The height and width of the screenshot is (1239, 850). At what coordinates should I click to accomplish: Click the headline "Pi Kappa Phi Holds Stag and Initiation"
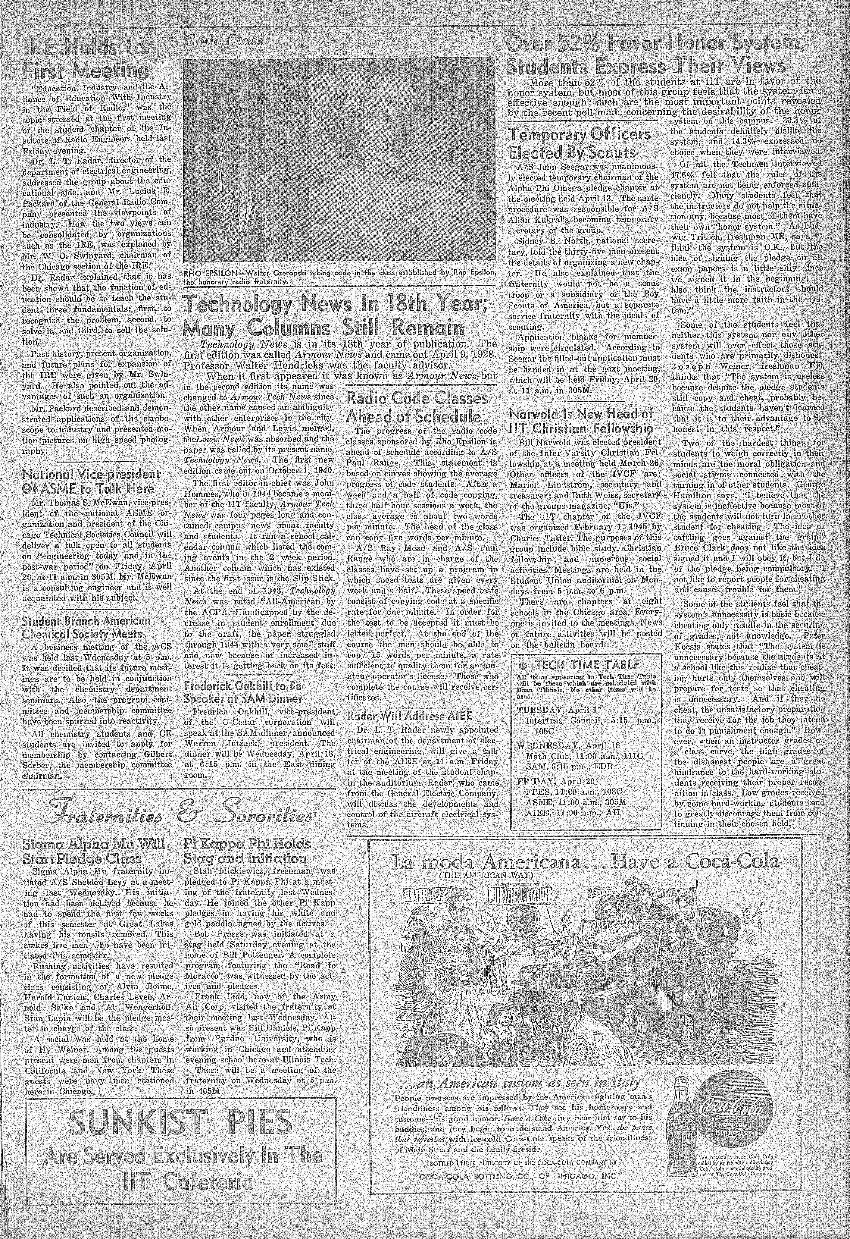tap(246, 851)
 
